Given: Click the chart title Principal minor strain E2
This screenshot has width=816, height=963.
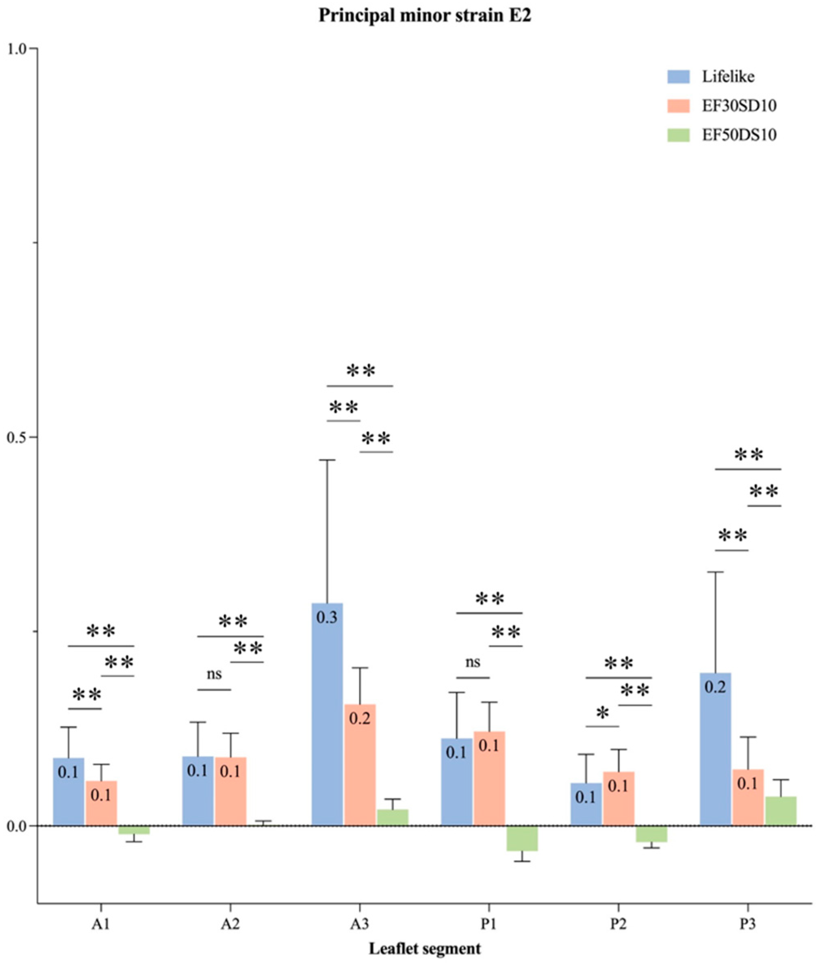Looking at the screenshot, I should (x=425, y=16).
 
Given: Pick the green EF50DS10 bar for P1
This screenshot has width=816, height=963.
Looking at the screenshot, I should (x=522, y=837).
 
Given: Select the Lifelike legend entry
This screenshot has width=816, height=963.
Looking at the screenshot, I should (x=728, y=76).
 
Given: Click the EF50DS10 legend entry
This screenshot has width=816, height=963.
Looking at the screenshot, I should (x=739, y=135).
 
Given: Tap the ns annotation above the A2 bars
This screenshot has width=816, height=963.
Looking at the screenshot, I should (x=214, y=674).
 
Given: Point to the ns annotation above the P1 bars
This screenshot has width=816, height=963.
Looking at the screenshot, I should (x=473, y=662).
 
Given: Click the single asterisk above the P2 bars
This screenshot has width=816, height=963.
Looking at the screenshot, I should (x=602, y=713).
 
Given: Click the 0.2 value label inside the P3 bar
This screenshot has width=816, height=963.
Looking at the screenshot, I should (x=715, y=687).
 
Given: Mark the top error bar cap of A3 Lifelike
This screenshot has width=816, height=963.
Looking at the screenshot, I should (x=327, y=460).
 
